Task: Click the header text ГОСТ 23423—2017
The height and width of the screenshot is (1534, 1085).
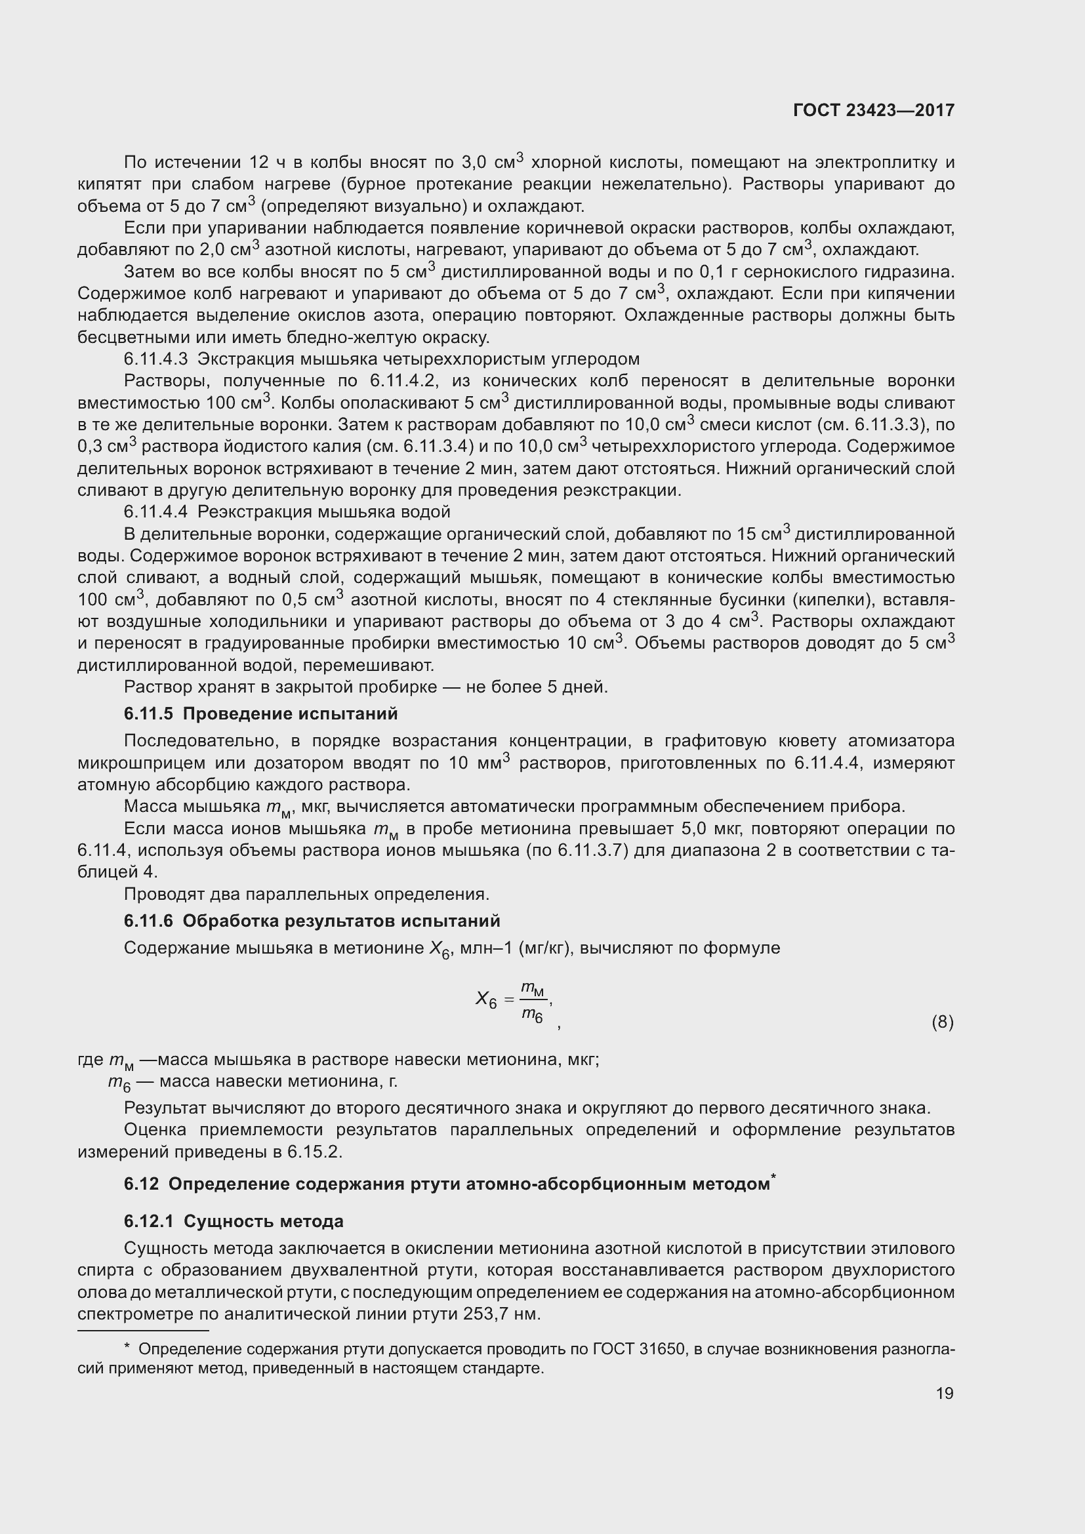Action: tap(873, 110)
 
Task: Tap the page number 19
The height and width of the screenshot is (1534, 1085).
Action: tap(944, 1393)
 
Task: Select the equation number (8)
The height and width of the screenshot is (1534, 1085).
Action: tap(942, 1022)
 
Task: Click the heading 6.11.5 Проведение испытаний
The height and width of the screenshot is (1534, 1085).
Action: tap(260, 714)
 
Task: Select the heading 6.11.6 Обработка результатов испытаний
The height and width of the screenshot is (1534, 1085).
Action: tap(312, 921)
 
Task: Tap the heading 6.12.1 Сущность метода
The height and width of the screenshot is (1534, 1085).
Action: tap(233, 1221)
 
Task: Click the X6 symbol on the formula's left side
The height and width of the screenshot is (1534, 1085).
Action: tap(485, 999)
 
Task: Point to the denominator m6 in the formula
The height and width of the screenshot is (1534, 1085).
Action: tap(532, 1015)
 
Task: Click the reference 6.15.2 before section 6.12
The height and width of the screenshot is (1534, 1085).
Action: tap(314, 1152)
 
